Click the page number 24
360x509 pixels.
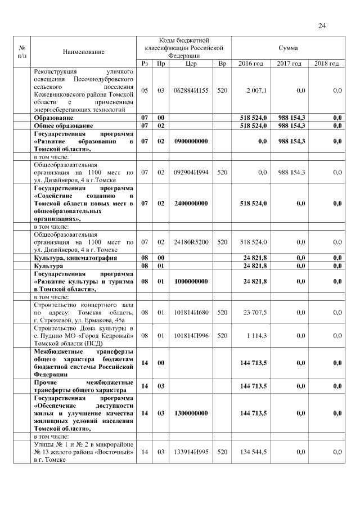(x=322, y=25)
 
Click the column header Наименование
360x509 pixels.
(x=84, y=52)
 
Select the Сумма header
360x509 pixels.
(x=288, y=48)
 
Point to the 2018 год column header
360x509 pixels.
(x=326, y=64)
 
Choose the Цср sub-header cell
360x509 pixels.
(x=191, y=64)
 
